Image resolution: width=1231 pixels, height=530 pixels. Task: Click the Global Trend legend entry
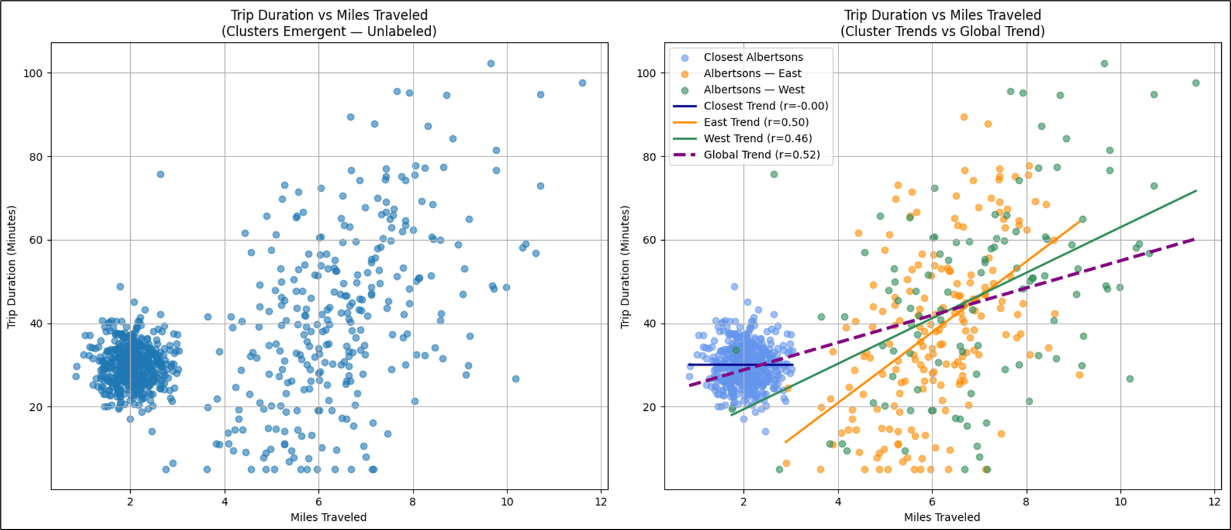click(x=762, y=155)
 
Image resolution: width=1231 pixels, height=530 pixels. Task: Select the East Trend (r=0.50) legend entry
click(x=756, y=122)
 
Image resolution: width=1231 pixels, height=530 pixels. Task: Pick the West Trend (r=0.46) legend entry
click(x=757, y=139)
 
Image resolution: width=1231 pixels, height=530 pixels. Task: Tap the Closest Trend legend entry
click(x=766, y=106)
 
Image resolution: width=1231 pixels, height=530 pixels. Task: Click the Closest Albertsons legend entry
click(x=753, y=57)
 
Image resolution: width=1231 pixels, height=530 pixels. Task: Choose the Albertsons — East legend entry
click(x=752, y=74)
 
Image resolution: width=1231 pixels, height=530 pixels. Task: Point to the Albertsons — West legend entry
click(x=754, y=90)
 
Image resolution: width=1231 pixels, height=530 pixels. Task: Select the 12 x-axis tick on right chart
click(x=1214, y=502)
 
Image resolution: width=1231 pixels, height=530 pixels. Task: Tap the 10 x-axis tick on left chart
click(x=507, y=502)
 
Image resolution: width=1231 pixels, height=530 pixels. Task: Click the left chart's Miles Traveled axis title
click(x=329, y=517)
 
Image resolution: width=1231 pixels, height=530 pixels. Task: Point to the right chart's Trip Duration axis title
click(x=625, y=267)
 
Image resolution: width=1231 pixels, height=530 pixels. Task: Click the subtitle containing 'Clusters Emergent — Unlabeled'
click(x=329, y=31)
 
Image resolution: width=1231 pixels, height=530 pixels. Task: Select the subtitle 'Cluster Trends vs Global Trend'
click(x=942, y=31)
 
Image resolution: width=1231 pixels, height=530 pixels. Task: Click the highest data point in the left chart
click(x=491, y=64)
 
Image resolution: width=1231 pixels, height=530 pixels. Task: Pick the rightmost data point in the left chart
click(x=582, y=83)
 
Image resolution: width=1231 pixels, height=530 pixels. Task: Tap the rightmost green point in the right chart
click(x=1195, y=83)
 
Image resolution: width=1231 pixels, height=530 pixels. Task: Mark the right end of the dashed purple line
click(x=1195, y=239)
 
